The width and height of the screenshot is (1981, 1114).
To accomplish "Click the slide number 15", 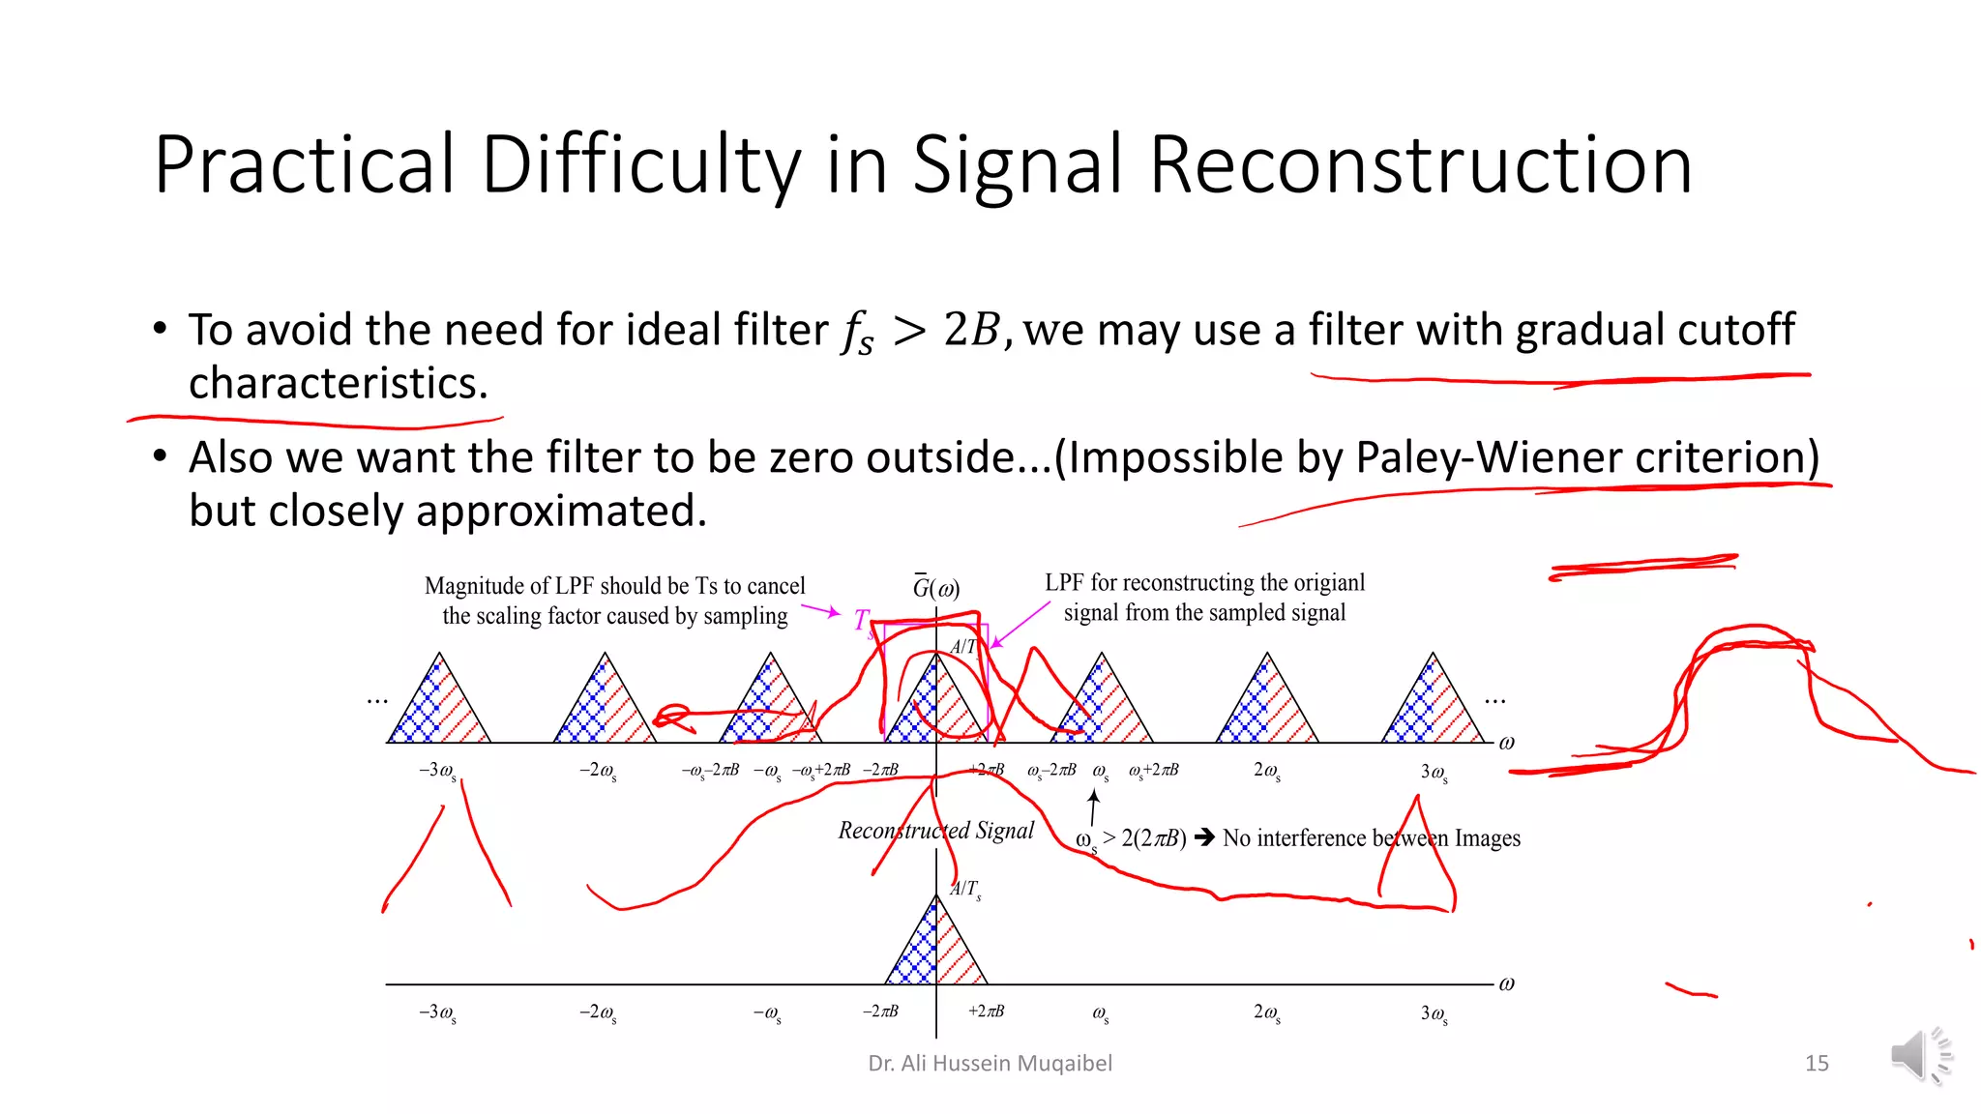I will pos(1817,1064).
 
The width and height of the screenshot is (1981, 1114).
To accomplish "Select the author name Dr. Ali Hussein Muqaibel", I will pos(990,1064).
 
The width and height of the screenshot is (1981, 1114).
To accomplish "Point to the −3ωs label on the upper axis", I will pos(437,771).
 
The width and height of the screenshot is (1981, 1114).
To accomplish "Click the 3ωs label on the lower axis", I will pos(1434,1013).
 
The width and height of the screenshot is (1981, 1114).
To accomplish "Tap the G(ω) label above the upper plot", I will pos(935,588).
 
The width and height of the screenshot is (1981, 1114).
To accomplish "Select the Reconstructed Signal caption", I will pos(935,831).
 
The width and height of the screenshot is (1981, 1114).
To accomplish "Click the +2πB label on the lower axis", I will pos(986,1011).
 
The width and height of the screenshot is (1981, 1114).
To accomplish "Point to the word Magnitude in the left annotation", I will pos(468,586).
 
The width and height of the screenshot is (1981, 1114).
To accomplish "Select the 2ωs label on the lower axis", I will pos(1266,1013).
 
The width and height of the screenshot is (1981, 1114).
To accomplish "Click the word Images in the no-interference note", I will pos(1487,838).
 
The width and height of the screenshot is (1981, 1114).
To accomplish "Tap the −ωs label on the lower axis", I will pos(766,1013).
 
